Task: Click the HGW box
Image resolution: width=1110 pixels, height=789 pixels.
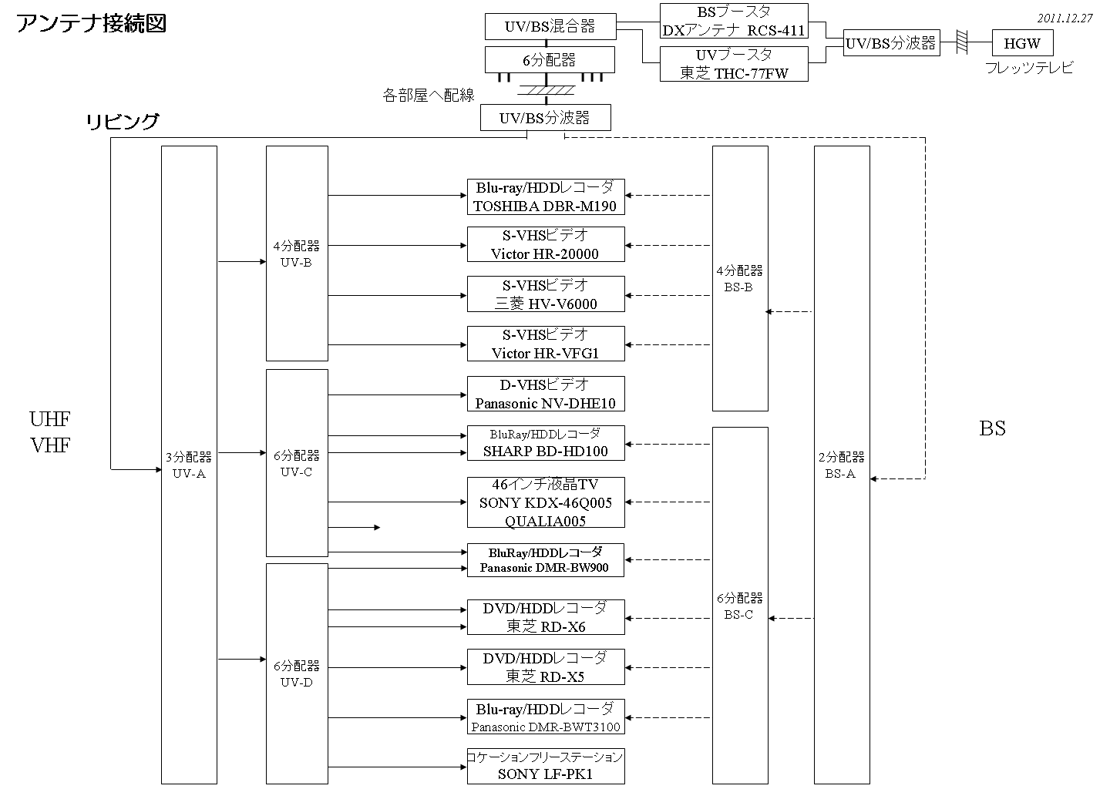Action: coord(1022,43)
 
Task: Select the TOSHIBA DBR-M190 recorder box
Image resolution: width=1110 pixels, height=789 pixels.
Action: coord(545,197)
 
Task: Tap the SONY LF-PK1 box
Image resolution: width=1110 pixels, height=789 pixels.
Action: coord(545,766)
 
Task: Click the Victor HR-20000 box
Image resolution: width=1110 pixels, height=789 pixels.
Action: coord(545,244)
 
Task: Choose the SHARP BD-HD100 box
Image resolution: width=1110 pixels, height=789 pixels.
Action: coord(545,443)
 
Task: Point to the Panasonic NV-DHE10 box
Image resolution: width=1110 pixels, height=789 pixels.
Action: coord(545,394)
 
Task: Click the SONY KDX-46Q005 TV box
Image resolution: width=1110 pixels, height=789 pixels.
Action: coord(545,502)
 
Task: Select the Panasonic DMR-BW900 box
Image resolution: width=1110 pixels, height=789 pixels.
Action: coord(545,560)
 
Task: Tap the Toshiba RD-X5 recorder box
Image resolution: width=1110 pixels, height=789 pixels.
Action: coord(545,667)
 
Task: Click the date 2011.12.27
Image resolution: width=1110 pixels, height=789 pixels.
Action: coord(1065,18)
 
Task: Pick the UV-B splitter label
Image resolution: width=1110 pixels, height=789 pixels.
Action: coord(297,254)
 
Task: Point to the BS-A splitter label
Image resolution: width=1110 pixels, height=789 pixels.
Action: coord(841,465)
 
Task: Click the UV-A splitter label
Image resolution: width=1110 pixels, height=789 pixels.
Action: coord(189,465)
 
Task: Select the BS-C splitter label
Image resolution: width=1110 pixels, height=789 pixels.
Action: coord(739,606)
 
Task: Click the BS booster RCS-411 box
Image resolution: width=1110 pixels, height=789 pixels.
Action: coord(733,22)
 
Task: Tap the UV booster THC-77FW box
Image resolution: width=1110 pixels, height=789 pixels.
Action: coord(733,64)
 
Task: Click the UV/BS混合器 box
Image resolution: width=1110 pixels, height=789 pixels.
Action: coord(550,27)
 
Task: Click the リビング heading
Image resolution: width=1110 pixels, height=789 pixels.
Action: coord(123,122)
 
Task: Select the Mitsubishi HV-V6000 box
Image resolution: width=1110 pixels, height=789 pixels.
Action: coord(545,294)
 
